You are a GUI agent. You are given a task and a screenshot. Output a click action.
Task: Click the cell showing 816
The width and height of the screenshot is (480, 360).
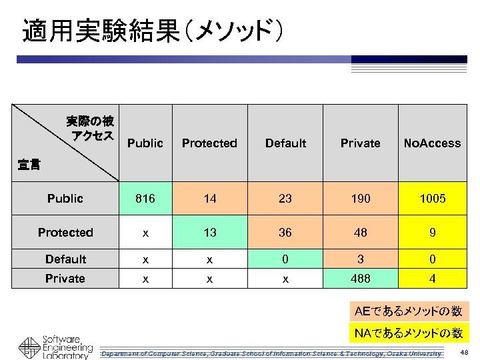[145, 199]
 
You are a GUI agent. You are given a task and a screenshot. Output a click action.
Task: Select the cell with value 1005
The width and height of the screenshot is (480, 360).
[432, 199]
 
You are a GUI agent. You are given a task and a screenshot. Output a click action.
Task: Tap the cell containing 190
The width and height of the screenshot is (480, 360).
[360, 199]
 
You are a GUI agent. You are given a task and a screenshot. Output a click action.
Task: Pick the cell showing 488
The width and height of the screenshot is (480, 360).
[360, 279]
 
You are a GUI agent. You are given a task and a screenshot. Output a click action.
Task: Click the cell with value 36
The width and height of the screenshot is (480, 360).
[285, 233]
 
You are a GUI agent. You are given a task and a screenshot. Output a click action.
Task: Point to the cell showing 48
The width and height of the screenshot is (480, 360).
[360, 233]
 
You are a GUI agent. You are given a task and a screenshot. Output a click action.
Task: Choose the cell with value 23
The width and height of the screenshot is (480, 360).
[285, 199]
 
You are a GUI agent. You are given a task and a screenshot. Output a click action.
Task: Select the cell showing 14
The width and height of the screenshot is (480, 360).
[209, 199]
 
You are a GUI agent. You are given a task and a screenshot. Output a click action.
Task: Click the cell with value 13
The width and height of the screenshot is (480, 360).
[209, 233]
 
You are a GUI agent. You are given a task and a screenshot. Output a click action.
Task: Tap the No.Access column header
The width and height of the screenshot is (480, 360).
[432, 143]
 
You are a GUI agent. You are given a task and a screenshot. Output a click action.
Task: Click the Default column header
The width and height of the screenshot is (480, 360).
[285, 143]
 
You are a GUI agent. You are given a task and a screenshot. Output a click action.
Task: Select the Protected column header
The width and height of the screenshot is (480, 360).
[209, 143]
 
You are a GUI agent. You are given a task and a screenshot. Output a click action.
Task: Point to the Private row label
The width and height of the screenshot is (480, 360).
[65, 279]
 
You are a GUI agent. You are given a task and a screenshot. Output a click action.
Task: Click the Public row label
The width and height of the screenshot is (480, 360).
[65, 199]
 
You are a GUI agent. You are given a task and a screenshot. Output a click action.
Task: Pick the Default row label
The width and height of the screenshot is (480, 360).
[65, 259]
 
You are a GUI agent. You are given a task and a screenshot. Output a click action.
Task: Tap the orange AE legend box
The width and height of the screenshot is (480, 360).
[408, 311]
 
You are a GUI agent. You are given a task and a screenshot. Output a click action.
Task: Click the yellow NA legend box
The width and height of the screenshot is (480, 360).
[408, 333]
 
